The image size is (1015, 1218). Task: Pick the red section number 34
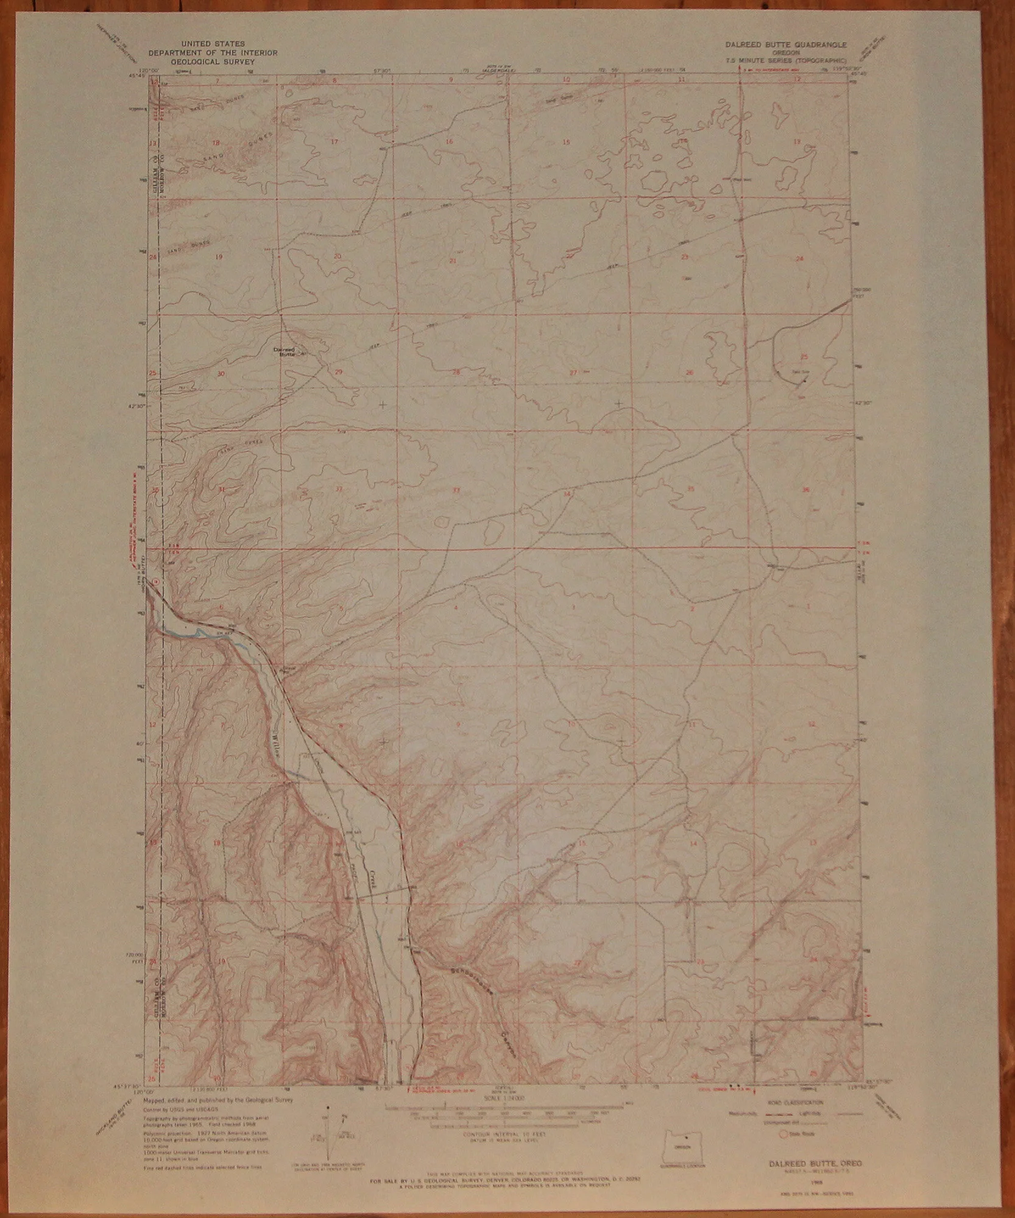(x=567, y=493)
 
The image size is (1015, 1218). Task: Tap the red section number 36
(x=807, y=489)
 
